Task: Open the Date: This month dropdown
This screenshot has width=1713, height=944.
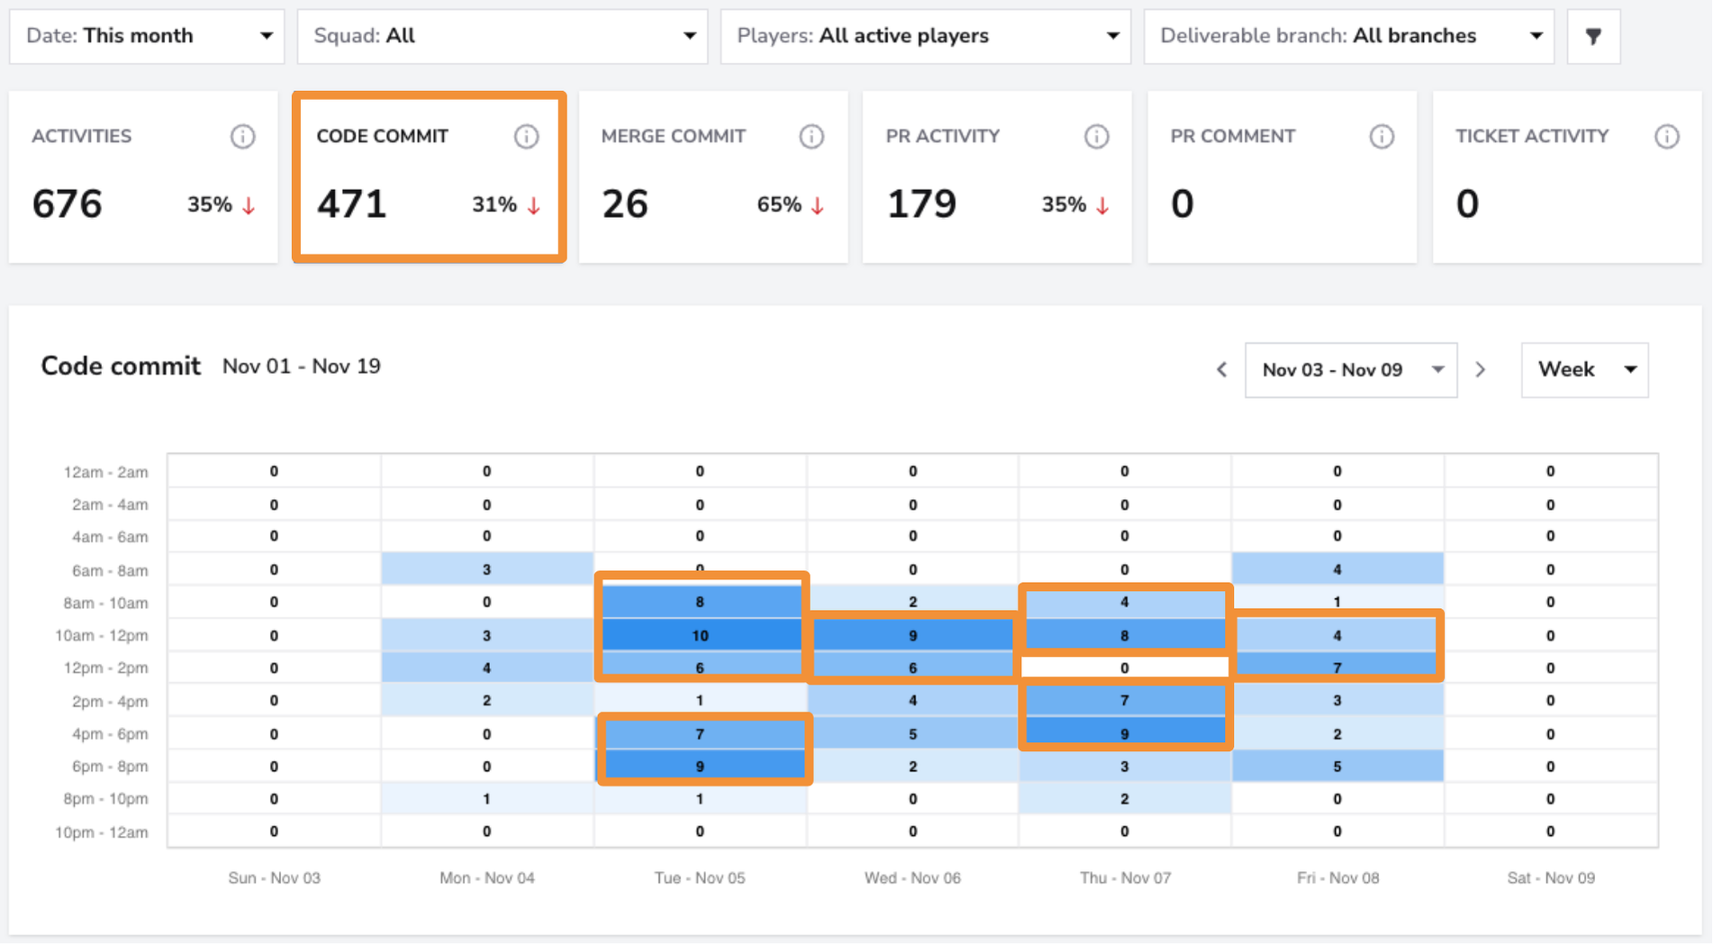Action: pyautogui.click(x=147, y=36)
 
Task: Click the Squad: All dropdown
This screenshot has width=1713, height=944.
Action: pyautogui.click(x=503, y=36)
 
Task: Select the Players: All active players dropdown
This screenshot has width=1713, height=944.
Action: pyautogui.click(x=926, y=36)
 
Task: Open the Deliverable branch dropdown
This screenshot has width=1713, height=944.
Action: pyautogui.click(x=1349, y=36)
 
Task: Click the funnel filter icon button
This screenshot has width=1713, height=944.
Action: pyautogui.click(x=1594, y=36)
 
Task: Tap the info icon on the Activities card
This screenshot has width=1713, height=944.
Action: pyautogui.click(x=242, y=136)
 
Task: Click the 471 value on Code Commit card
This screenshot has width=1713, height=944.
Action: pyautogui.click(x=351, y=204)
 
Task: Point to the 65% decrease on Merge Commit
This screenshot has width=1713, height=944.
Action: pyautogui.click(x=791, y=205)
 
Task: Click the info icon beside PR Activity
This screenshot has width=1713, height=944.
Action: pyautogui.click(x=1096, y=136)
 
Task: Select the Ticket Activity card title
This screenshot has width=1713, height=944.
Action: pyautogui.click(x=1532, y=136)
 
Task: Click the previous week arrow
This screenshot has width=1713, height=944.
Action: pyautogui.click(x=1222, y=369)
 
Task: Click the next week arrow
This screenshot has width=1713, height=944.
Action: pyautogui.click(x=1481, y=369)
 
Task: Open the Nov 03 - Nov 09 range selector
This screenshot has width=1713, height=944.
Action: pyautogui.click(x=1351, y=369)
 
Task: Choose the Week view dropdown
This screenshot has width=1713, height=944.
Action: pyautogui.click(x=1585, y=369)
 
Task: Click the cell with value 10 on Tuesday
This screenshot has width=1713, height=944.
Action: pyautogui.click(x=700, y=635)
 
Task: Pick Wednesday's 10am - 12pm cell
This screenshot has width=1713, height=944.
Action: pyautogui.click(x=912, y=635)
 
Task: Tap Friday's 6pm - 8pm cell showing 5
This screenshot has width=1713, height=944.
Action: pyautogui.click(x=1337, y=767)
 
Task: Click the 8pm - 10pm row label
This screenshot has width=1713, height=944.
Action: pyautogui.click(x=105, y=799)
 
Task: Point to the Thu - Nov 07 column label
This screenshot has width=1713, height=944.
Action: pyautogui.click(x=1125, y=877)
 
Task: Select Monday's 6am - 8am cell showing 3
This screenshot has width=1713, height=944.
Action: pyautogui.click(x=486, y=569)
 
